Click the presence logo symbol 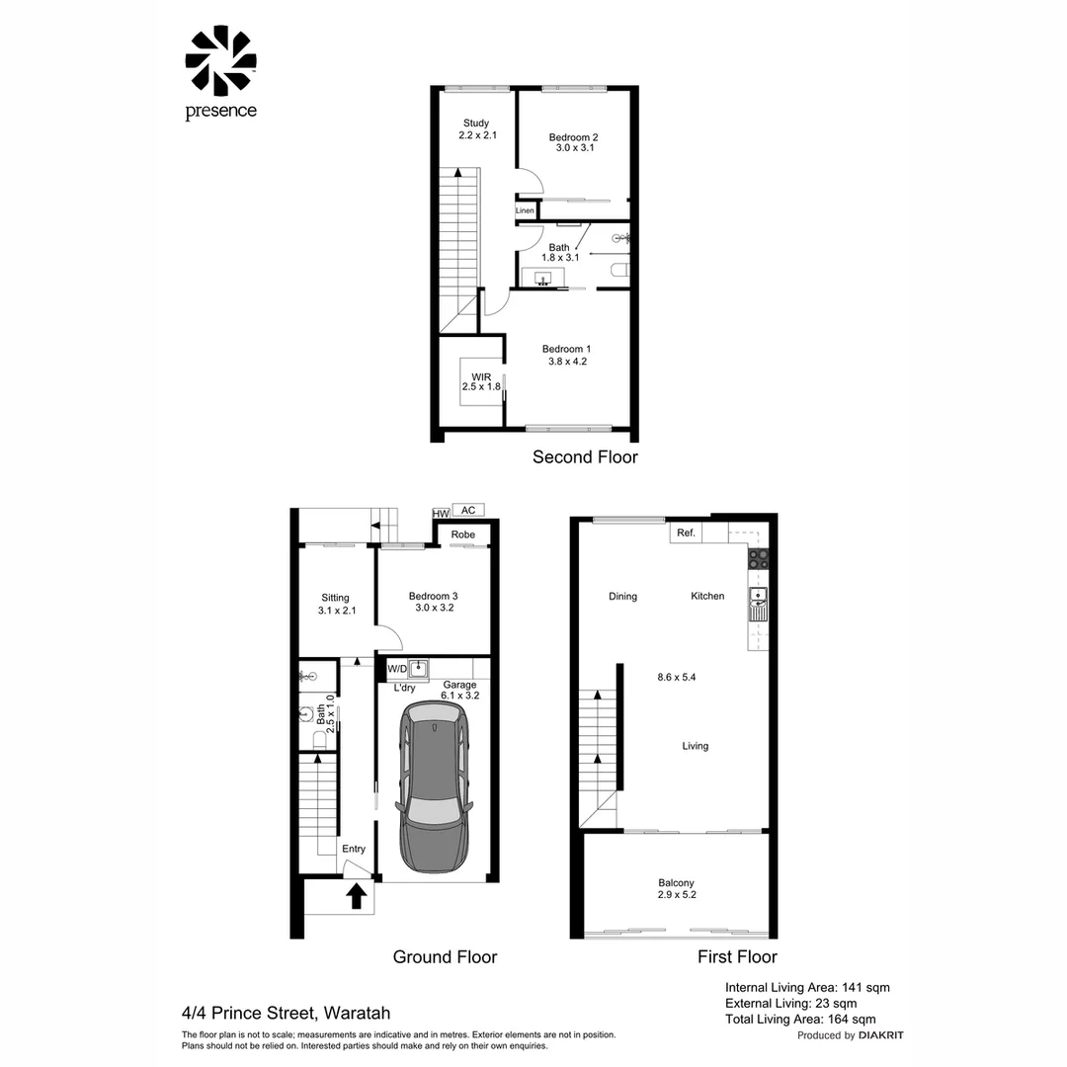220,61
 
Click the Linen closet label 525,210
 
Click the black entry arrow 357,895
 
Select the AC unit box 468,510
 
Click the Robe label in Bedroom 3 462,534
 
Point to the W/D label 397,669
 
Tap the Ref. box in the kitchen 685,533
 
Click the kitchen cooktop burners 758,558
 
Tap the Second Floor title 585,456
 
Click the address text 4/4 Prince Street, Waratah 286,1013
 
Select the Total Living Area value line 800,1020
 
